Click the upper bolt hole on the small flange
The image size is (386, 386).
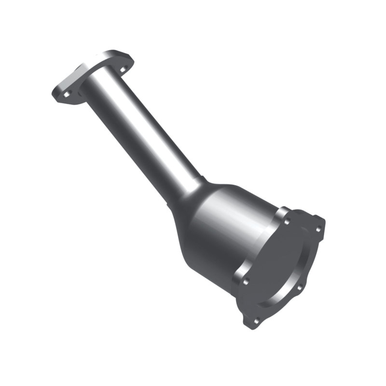(x=122, y=69)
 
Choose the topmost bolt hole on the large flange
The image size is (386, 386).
(x=288, y=222)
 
